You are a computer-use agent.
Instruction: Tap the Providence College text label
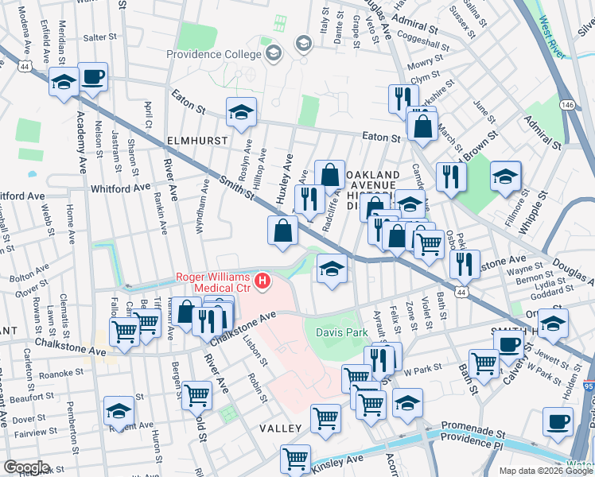point(213,55)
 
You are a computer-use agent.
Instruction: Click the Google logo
point(26,467)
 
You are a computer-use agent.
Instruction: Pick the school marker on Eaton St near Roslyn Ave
point(241,112)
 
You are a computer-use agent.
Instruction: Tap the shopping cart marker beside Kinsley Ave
point(295,458)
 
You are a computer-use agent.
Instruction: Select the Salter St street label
point(99,37)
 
